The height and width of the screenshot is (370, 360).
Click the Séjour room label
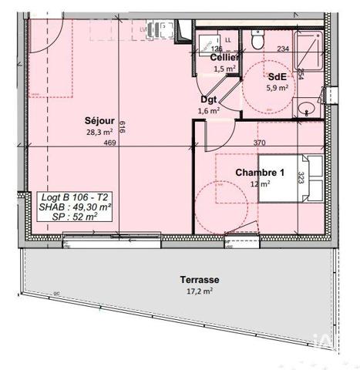(100, 121)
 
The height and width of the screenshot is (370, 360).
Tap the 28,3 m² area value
(100, 132)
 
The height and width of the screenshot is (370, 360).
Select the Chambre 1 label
(260, 173)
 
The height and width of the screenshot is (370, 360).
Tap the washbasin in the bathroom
(306, 107)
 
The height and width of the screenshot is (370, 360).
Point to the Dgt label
(208, 100)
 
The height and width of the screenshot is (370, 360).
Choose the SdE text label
(277, 76)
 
